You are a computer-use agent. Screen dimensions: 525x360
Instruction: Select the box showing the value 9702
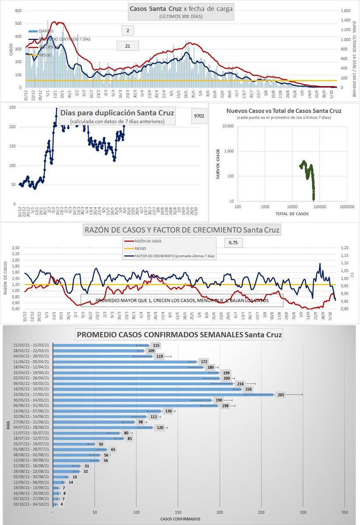[201, 116]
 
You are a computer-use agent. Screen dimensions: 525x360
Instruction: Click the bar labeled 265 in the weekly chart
[163, 395]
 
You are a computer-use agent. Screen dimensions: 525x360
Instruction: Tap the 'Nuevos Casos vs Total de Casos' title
[284, 111]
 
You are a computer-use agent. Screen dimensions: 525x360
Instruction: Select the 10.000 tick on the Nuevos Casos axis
[228, 126]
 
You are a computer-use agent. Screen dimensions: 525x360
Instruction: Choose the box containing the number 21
[127, 45]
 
